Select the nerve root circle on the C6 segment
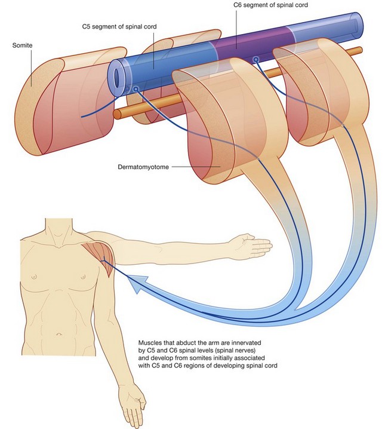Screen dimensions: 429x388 [x=255, y=60]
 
